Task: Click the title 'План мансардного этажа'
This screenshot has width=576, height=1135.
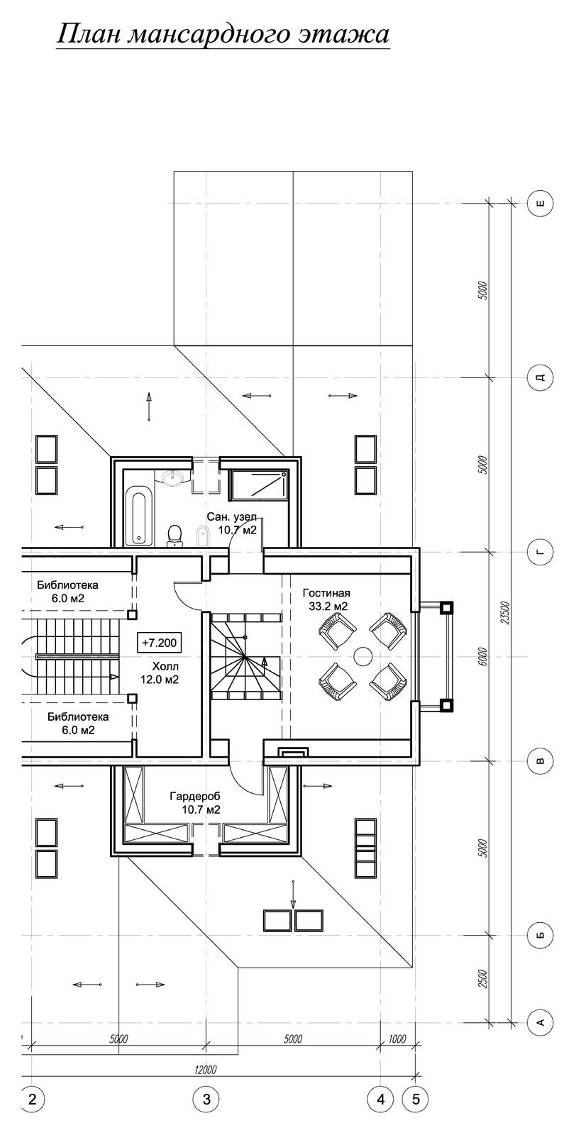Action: coord(223,35)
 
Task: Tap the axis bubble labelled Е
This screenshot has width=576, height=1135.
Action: coord(541,204)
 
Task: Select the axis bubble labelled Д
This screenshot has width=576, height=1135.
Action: coord(541,377)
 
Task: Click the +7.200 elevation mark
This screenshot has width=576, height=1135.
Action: coord(160,643)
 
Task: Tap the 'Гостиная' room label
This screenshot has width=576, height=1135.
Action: coord(327,593)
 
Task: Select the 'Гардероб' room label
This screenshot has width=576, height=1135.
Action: coord(195,796)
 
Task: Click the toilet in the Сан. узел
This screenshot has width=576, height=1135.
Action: coord(175,535)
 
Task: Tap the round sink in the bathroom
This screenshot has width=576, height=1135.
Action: coord(175,477)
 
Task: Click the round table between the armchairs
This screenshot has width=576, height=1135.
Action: coord(362,657)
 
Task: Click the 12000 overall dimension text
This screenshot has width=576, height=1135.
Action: coord(205,1070)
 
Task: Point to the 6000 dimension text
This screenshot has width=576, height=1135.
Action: coord(483,656)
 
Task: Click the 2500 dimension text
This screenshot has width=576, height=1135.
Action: coord(483,978)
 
